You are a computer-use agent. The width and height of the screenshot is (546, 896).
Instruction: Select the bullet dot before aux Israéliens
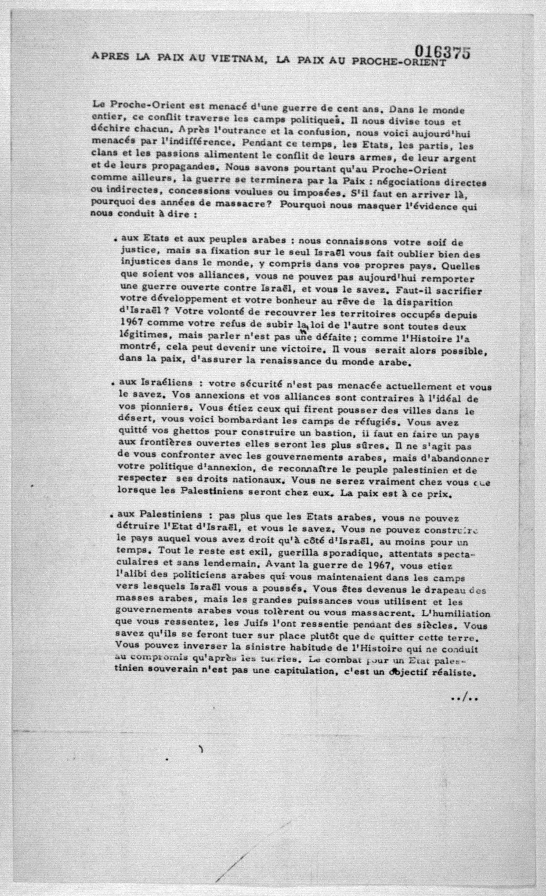(x=114, y=384)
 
